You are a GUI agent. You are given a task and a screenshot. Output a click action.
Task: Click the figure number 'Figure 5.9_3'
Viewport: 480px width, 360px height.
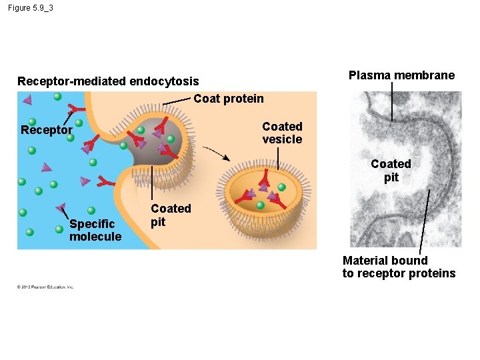pyautogui.click(x=31, y=8)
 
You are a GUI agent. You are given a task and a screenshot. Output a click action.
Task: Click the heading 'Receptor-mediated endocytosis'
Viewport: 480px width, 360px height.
pyautogui.click(x=108, y=81)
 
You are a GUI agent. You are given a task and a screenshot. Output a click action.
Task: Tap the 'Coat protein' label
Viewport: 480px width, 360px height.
pyautogui.click(x=228, y=99)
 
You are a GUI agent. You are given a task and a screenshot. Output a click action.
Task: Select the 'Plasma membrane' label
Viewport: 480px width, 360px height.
pyautogui.click(x=401, y=75)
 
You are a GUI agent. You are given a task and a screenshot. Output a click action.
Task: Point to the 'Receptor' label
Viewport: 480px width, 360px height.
pyautogui.click(x=46, y=130)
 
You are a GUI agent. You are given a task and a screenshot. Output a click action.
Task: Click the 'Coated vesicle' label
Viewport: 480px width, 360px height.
pyautogui.click(x=282, y=133)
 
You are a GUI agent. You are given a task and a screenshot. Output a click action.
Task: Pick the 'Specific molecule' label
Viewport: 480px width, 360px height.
pyautogui.click(x=95, y=230)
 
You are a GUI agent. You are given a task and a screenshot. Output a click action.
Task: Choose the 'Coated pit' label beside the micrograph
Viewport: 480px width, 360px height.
pyautogui.click(x=391, y=170)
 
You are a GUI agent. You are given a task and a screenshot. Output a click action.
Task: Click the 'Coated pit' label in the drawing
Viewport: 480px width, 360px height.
pyautogui.click(x=171, y=215)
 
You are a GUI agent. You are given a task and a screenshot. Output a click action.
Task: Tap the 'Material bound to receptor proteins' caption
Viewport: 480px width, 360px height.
pyautogui.click(x=399, y=267)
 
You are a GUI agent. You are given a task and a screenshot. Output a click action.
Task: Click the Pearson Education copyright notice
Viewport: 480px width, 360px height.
pyautogui.click(x=45, y=287)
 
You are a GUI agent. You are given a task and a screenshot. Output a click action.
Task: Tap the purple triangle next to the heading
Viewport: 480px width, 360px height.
pyautogui.click(x=27, y=100)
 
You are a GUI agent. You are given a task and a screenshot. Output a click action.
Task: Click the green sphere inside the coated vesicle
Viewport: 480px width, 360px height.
pyautogui.click(x=281, y=187)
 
